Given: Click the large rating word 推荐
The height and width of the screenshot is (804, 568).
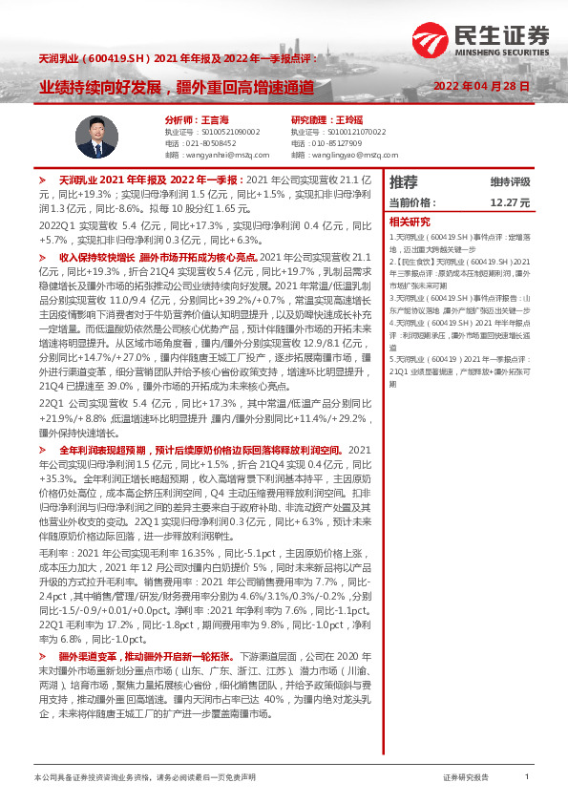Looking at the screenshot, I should pos(403,181).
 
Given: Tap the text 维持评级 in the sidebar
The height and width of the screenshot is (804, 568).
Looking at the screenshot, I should pos(510,181).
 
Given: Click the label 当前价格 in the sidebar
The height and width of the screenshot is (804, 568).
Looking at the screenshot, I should pos(412,203).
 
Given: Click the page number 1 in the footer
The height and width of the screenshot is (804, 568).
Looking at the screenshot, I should pos(526,778).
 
